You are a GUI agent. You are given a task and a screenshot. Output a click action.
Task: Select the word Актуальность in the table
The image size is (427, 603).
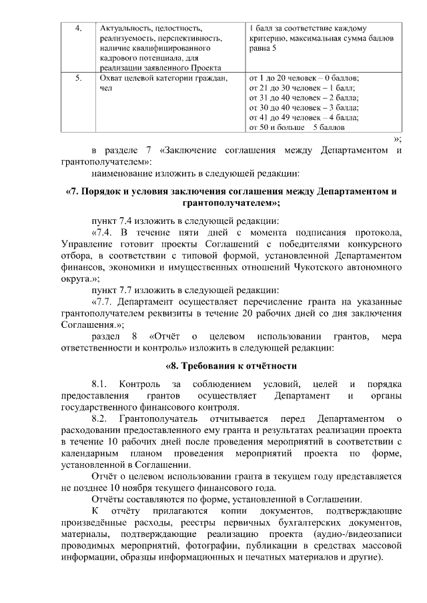tap(123, 29)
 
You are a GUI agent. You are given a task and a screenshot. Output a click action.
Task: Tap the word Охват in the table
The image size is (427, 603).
tap(111, 78)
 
